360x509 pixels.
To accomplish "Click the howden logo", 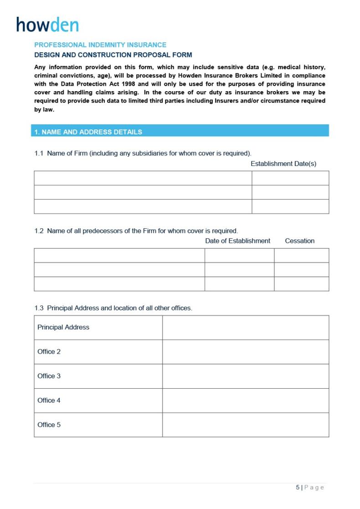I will point(47,25).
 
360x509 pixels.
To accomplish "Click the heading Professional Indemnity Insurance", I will point(100,45).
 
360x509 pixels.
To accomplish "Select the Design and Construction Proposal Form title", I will point(113,55).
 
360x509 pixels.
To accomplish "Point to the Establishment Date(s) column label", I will point(283,164).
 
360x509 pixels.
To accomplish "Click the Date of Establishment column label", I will point(237,241).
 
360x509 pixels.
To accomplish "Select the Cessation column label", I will point(299,241).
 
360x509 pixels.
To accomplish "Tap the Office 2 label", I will point(49,352).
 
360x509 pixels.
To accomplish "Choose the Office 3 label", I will point(49,376).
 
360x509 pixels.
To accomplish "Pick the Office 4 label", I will point(49,401).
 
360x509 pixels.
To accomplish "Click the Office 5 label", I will point(49,425).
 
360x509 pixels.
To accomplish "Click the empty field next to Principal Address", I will point(245,328).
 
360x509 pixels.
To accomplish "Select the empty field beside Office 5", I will point(245,425).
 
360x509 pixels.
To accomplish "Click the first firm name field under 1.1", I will point(143,178).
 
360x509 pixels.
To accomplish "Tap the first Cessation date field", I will point(301,256).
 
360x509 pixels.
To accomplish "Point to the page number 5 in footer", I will point(298,487).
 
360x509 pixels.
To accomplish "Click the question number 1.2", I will point(39,231).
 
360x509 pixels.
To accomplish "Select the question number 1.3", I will point(39,308).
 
